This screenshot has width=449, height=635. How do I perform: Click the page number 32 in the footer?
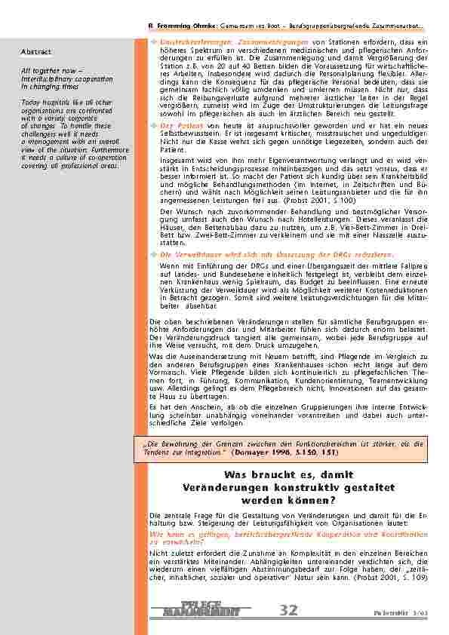click(x=288, y=610)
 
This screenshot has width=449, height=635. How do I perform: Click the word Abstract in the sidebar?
click(x=36, y=52)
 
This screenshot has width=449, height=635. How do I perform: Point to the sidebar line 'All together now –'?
click(x=47, y=70)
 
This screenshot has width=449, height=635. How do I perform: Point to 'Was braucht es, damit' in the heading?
click(x=288, y=474)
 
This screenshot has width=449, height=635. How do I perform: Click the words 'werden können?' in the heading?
click(x=288, y=501)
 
